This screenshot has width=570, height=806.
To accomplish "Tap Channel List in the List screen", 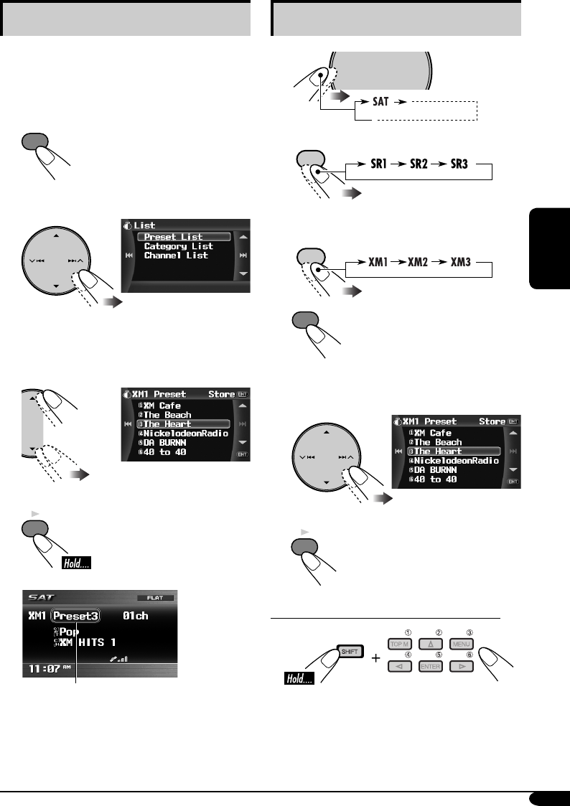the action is coord(176,256).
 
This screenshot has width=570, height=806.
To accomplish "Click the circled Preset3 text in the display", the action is coord(76,617).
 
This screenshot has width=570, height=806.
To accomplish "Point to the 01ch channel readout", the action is coord(136,617).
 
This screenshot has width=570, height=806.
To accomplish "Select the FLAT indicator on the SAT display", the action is coord(150,597).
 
